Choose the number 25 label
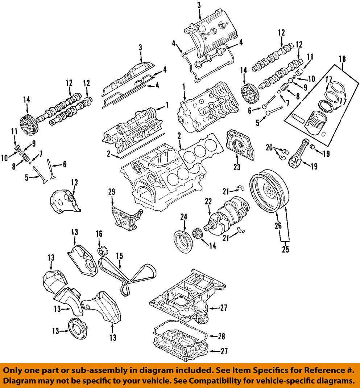click(x=285, y=250)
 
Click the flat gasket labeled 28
click(x=179, y=331)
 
